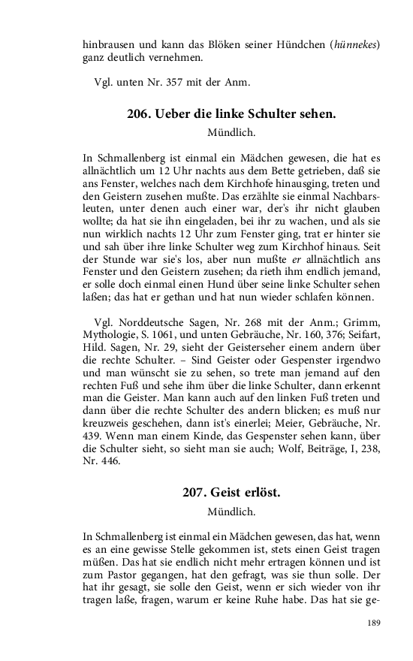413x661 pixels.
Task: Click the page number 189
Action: (x=374, y=623)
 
